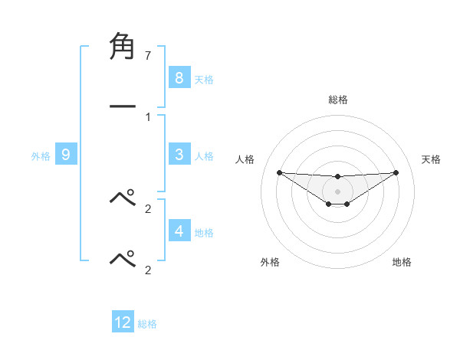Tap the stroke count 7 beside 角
pyautogui.click(x=147, y=56)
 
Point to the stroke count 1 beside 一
pyautogui.click(x=147, y=117)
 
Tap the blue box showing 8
pyautogui.click(x=179, y=77)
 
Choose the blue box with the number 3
pyautogui.click(x=179, y=155)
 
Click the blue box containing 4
pyautogui.click(x=179, y=231)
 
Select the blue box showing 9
pyautogui.click(x=66, y=155)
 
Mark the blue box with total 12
pyautogui.click(x=123, y=322)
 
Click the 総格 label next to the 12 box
pyautogui.click(x=147, y=324)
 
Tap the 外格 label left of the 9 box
pyautogui.click(x=41, y=156)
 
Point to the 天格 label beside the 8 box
pyautogui.click(x=203, y=79)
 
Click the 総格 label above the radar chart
pyautogui.click(x=337, y=100)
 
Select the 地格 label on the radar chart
pyautogui.click(x=402, y=262)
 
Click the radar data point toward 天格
pyautogui.click(x=396, y=172)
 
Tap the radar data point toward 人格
pyautogui.click(x=279, y=172)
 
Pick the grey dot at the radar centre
pyautogui.click(x=337, y=191)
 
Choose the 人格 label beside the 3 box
pyautogui.click(x=203, y=156)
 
